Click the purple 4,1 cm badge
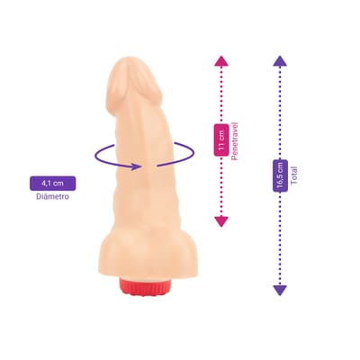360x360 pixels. (x=52, y=183)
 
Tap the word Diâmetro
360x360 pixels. (x=52, y=197)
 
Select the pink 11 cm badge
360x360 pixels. (x=221, y=139)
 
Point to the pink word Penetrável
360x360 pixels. (x=234, y=141)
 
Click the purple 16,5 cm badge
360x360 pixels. (x=280, y=175)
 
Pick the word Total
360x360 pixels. (x=293, y=175)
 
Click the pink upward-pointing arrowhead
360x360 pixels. (x=221, y=61)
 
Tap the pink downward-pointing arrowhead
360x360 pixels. (x=221, y=221)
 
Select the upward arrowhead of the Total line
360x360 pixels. (x=280, y=61)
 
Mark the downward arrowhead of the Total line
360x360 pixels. (x=280, y=291)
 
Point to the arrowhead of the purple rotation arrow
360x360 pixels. (x=136, y=166)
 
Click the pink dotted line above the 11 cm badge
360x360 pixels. (x=221, y=94)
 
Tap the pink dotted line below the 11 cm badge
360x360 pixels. (x=221, y=186)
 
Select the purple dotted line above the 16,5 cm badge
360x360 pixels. (x=280, y=112)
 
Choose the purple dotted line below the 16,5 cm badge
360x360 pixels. (x=280, y=238)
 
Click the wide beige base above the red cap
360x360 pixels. (x=146, y=258)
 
